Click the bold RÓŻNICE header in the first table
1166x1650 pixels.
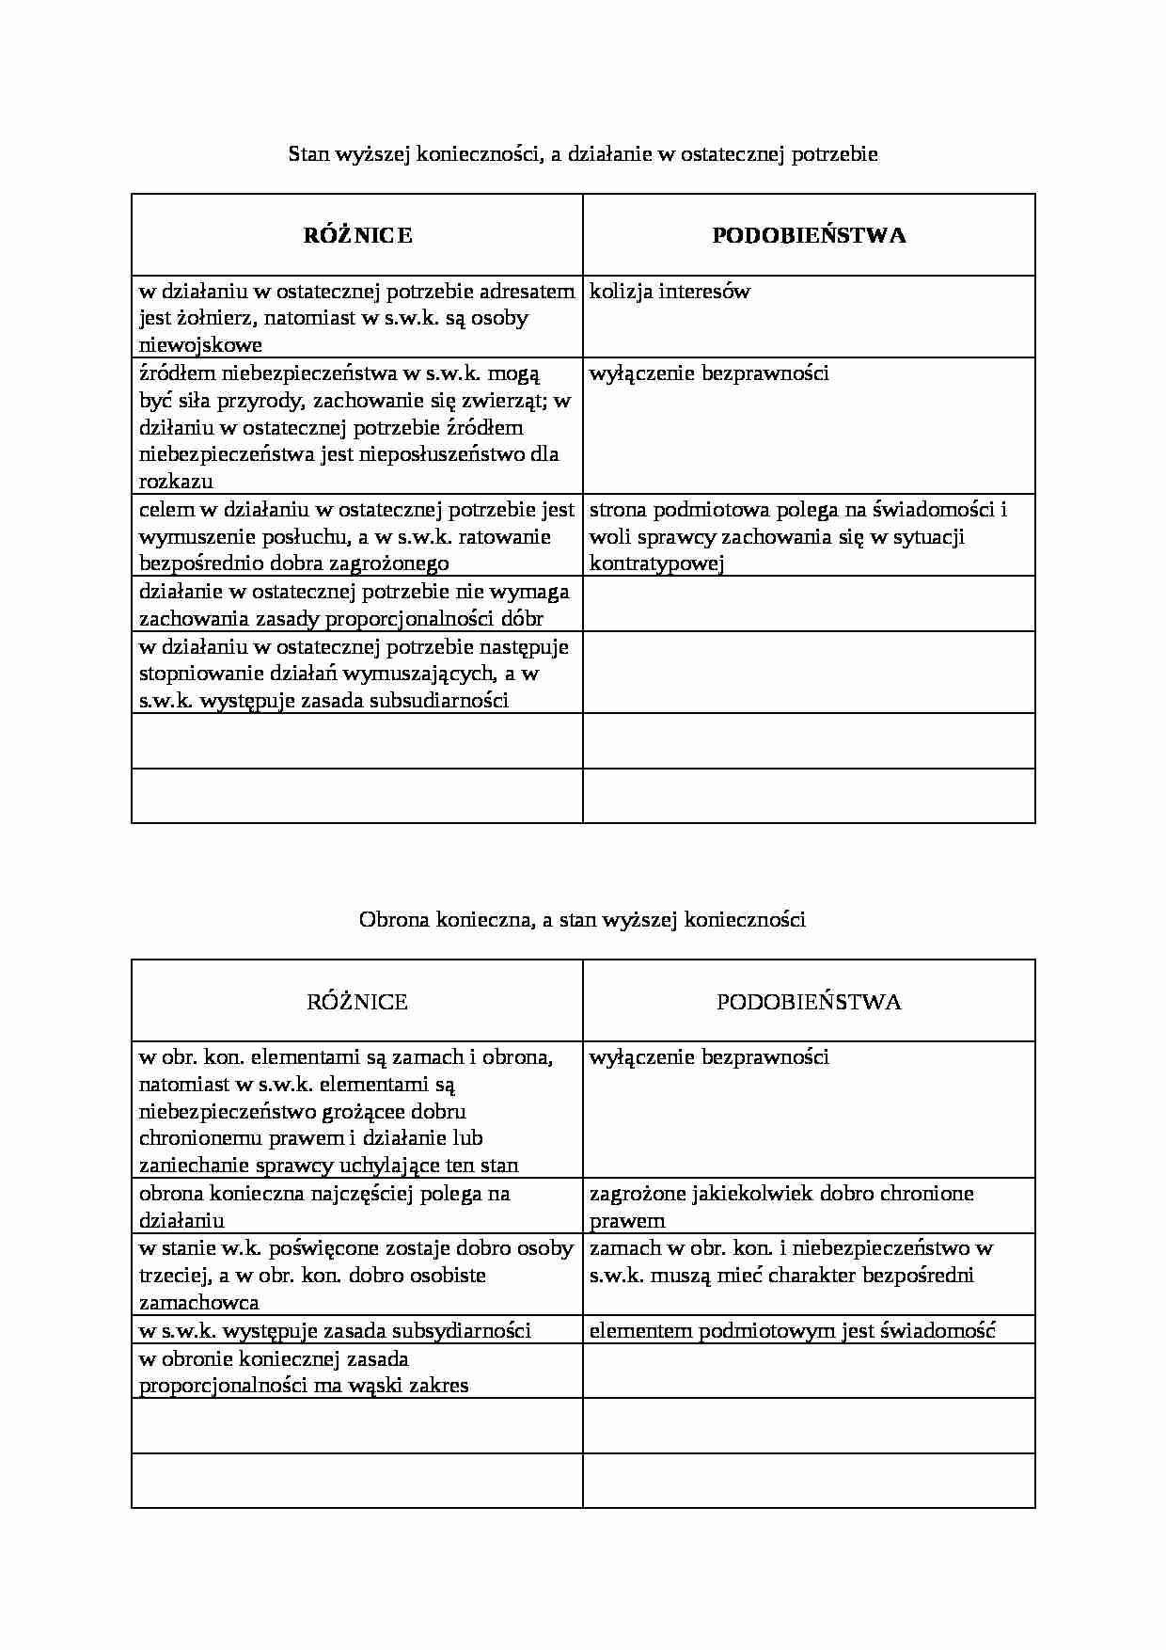click(357, 235)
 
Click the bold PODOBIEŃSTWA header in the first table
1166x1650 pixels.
click(809, 235)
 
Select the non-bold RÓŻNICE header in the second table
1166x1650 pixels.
click(357, 1002)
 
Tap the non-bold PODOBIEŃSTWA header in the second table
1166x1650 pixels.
click(809, 1002)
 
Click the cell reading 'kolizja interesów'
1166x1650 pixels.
click(670, 292)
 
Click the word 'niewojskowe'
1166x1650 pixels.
click(200, 344)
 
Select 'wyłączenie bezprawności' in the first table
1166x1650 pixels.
click(709, 373)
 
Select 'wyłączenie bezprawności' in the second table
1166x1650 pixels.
click(709, 1057)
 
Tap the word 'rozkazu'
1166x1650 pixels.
click(176, 482)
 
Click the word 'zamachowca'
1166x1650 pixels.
click(198, 1303)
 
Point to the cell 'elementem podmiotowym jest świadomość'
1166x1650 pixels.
click(792, 1330)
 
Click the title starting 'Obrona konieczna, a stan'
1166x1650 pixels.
click(582, 920)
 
